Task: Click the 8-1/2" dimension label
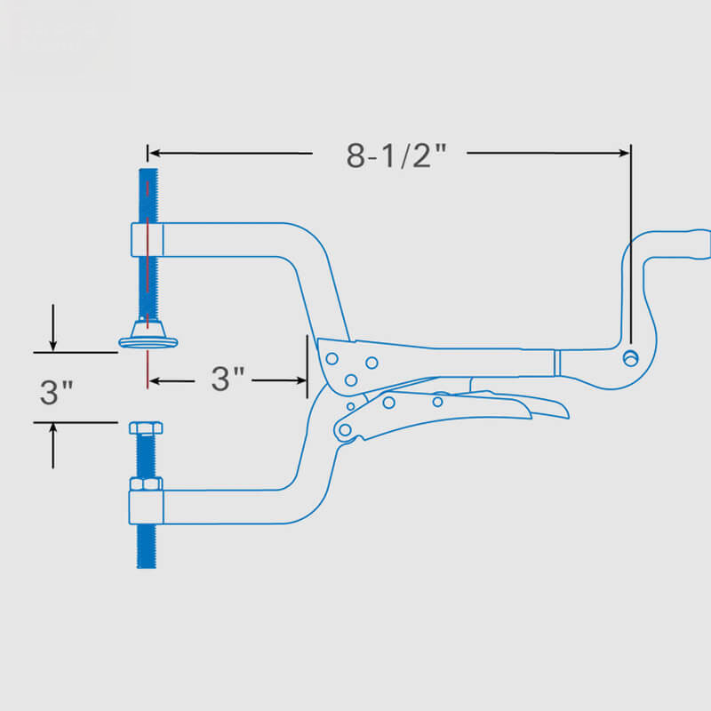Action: click(396, 156)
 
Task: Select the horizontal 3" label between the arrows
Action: click(228, 379)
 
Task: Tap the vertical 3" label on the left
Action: click(56, 392)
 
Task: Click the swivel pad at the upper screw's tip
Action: click(148, 336)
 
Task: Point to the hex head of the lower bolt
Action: click(146, 427)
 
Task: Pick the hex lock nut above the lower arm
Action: click(146, 483)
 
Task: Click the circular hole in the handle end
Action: click(631, 358)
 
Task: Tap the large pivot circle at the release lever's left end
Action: click(345, 429)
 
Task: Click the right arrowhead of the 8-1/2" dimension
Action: click(625, 153)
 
